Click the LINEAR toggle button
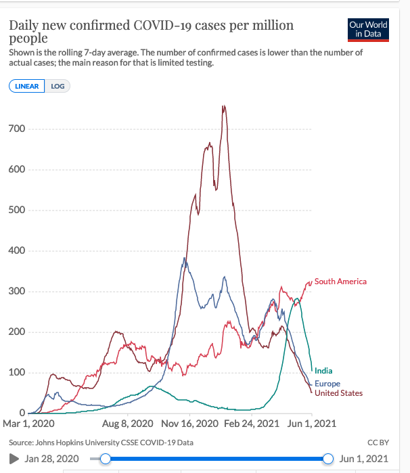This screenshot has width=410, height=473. [x=26, y=86]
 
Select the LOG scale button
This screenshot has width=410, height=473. [x=58, y=86]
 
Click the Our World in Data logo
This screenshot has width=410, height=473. [x=368, y=29]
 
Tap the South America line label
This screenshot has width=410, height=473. [x=340, y=281]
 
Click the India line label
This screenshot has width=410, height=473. [x=323, y=371]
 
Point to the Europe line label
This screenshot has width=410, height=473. [x=327, y=384]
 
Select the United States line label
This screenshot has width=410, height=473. [x=338, y=393]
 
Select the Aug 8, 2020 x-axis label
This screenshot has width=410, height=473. [x=124, y=424]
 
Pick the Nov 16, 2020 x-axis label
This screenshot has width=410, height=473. [x=190, y=424]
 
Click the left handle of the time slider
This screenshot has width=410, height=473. [x=105, y=459]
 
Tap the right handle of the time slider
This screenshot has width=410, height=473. [x=328, y=459]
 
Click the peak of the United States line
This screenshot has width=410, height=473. [x=223, y=106]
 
